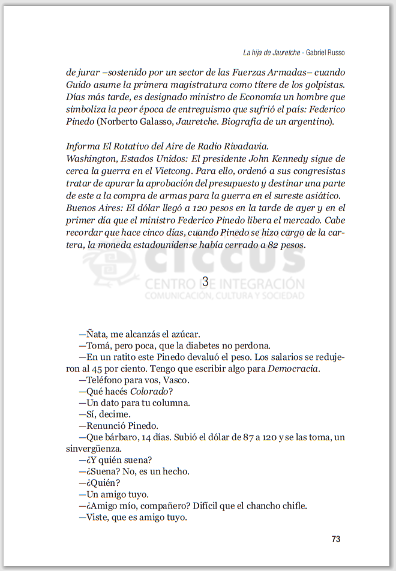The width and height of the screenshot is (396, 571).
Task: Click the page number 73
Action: pos(336,539)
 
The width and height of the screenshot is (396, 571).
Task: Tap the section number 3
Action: pos(205,281)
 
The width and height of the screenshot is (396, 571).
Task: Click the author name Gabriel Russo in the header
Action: pos(325,53)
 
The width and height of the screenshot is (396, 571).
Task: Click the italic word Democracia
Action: pos(292,368)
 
